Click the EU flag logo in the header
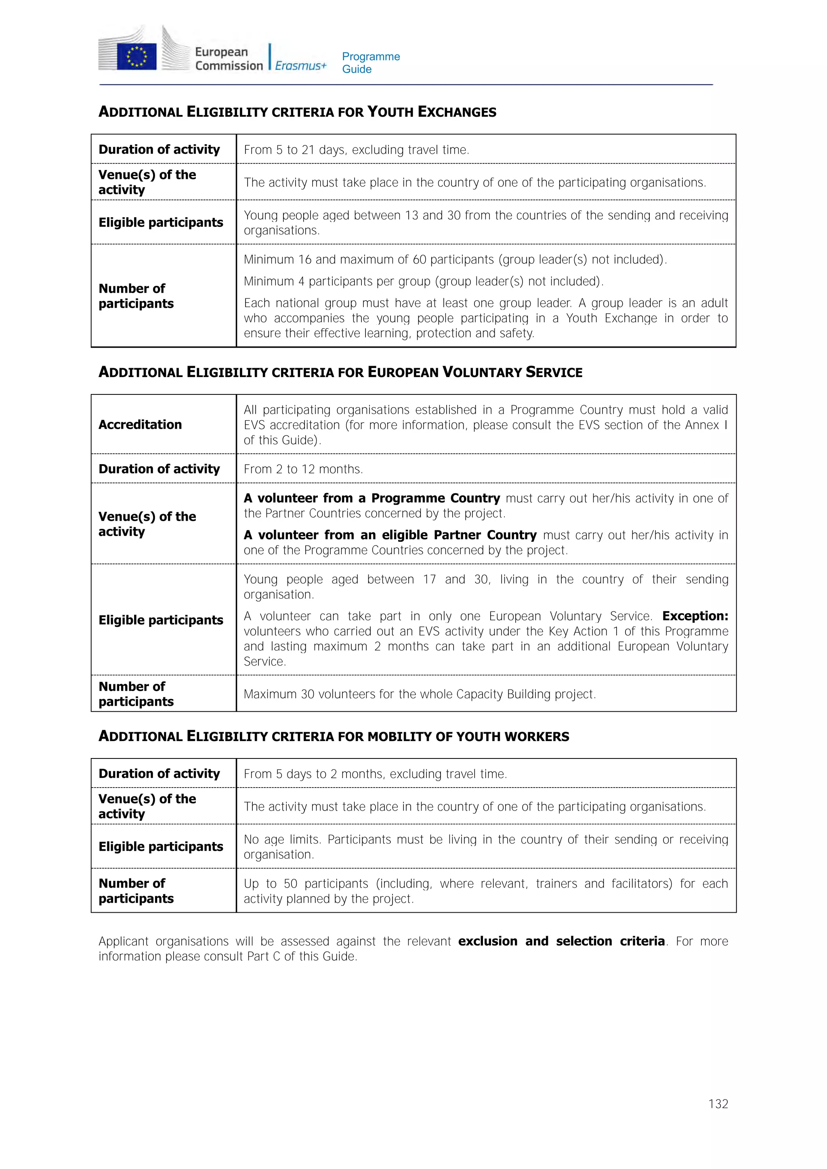pos(136,56)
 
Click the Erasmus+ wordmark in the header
pos(300,66)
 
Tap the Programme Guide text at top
pos(371,63)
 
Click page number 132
pos(718,1104)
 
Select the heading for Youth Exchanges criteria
pos(297,112)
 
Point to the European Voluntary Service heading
pos(340,372)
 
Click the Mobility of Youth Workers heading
pos(334,736)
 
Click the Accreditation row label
pos(140,425)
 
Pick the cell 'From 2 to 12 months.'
pos(303,469)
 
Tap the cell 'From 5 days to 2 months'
pos(375,774)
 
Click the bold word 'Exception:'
pos(695,616)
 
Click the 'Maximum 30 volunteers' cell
pos(419,694)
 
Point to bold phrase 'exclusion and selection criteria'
pos(561,941)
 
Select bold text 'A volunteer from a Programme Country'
pos(372,498)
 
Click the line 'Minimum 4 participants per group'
pos(423,281)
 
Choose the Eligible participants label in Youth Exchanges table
pos(161,222)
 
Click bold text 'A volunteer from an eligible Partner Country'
pos(390,535)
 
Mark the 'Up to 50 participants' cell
pos(485,890)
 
